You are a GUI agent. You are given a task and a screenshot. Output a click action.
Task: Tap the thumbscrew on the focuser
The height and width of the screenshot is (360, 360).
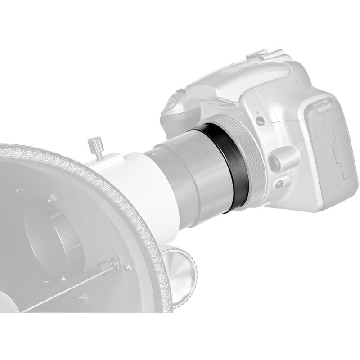pyautogui.click(x=95, y=146)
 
